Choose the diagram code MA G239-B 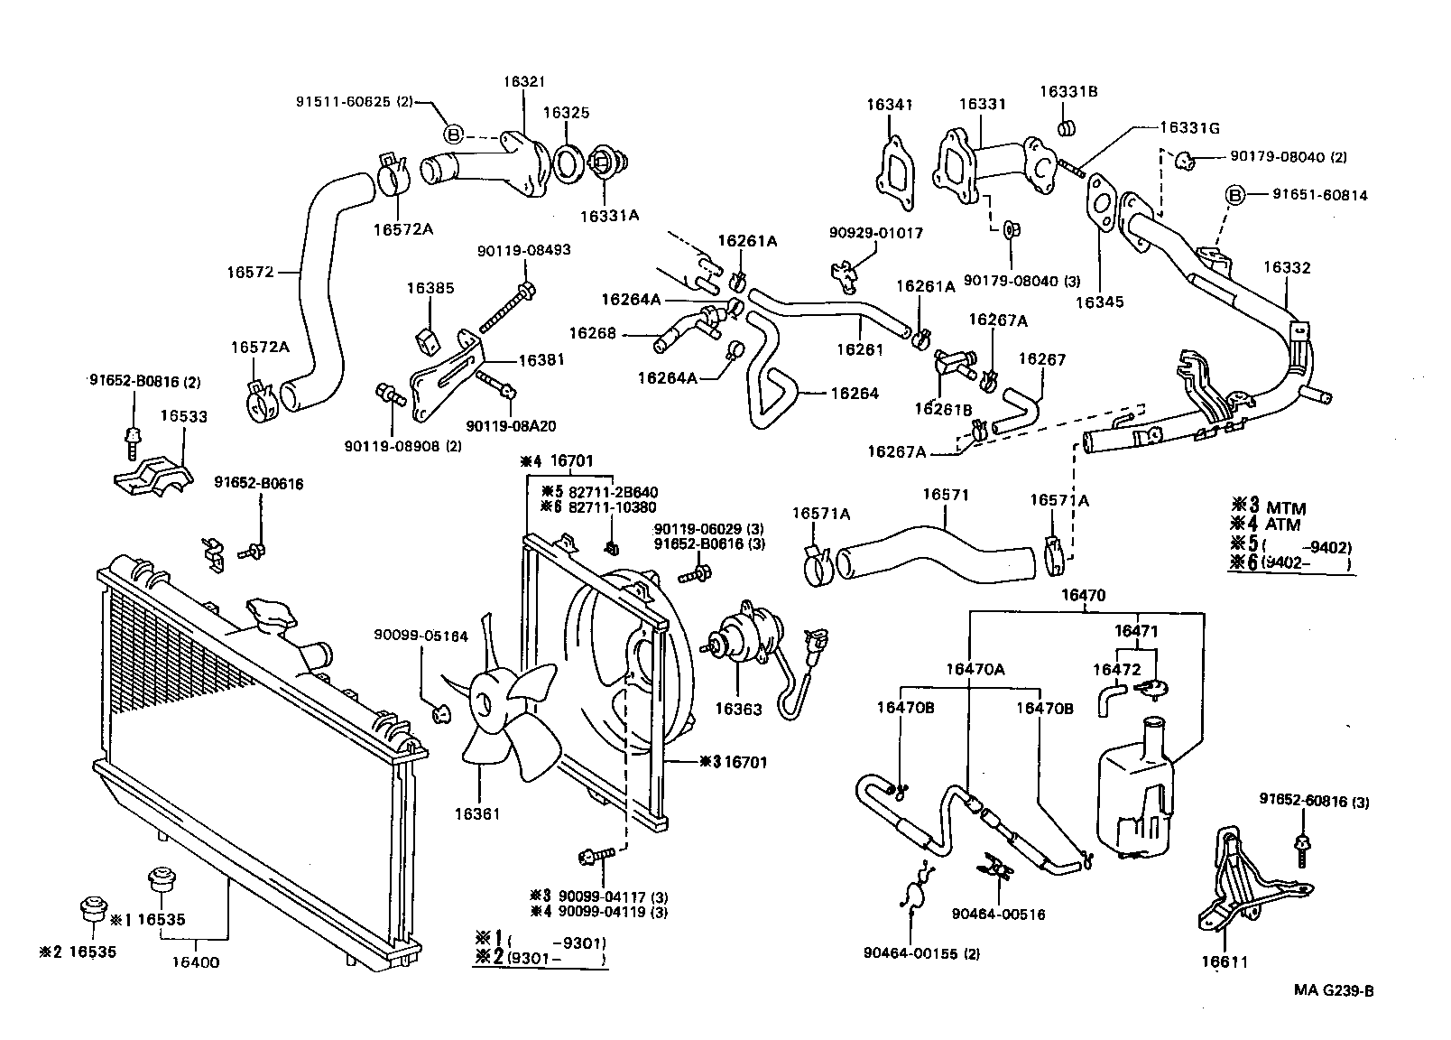click(x=1333, y=990)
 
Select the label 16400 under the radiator click(x=196, y=962)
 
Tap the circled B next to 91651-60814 click(x=1235, y=195)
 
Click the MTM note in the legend click(x=1285, y=508)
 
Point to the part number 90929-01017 click(x=875, y=233)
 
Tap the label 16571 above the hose click(x=945, y=495)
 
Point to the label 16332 click(x=1286, y=267)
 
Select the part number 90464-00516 click(x=998, y=914)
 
